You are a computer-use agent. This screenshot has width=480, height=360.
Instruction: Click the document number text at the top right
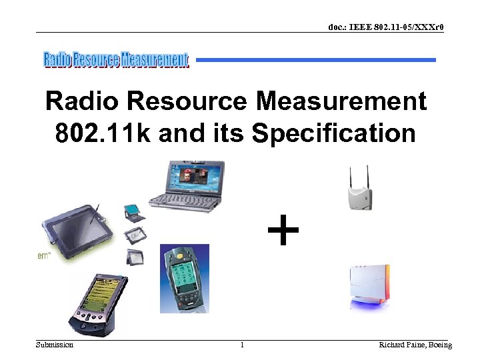[x=386, y=27]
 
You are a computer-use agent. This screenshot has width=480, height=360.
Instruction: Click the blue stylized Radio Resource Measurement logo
[x=116, y=60]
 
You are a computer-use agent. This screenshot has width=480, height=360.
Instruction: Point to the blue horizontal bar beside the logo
[x=316, y=60]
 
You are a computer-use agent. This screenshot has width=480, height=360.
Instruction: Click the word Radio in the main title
[x=82, y=102]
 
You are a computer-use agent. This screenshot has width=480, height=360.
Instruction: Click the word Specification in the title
[x=333, y=133]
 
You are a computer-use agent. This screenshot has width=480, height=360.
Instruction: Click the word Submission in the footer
[x=55, y=345]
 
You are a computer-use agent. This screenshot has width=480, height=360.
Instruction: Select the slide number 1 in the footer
[x=242, y=345]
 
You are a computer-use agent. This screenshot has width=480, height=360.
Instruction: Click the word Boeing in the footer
[x=439, y=345]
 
